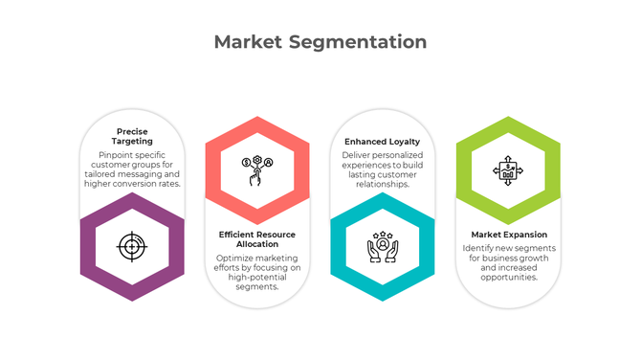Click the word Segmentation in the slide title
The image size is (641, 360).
coord(359,43)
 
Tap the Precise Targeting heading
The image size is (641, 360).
coord(131,136)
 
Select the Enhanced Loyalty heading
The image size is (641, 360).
coord(383,141)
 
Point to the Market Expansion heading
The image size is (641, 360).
coord(509,234)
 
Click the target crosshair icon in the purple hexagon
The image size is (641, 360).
coord(131,246)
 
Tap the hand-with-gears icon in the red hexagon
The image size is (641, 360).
coord(255,171)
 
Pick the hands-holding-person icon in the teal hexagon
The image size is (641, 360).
coord(382,246)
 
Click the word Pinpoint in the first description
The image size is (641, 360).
coord(116,154)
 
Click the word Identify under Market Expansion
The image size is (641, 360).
coord(478,247)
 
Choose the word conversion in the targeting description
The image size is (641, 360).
coord(142,183)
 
